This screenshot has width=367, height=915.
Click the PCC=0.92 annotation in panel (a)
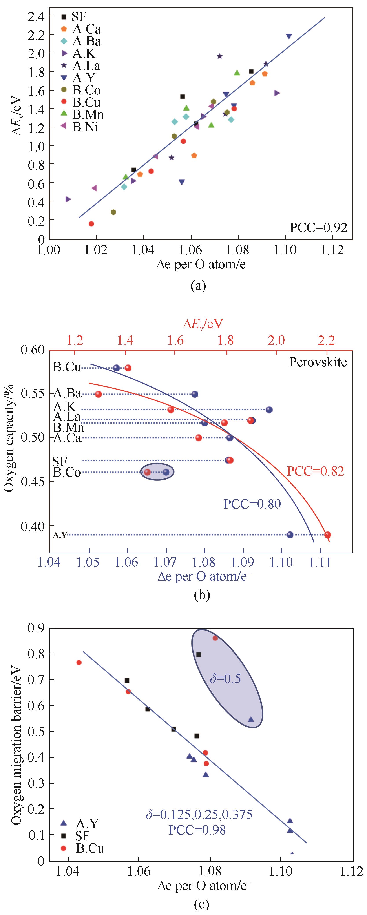[318, 227]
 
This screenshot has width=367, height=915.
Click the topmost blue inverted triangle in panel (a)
[289, 36]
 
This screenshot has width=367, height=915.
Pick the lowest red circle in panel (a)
[91, 224]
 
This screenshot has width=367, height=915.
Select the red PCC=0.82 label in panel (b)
[315, 471]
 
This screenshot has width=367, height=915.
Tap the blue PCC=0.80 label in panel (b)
[252, 504]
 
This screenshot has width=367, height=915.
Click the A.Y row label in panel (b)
[60, 535]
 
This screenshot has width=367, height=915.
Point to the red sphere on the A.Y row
[327, 535]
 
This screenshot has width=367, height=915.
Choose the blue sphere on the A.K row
[269, 409]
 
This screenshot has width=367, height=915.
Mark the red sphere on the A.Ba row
[99, 394]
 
